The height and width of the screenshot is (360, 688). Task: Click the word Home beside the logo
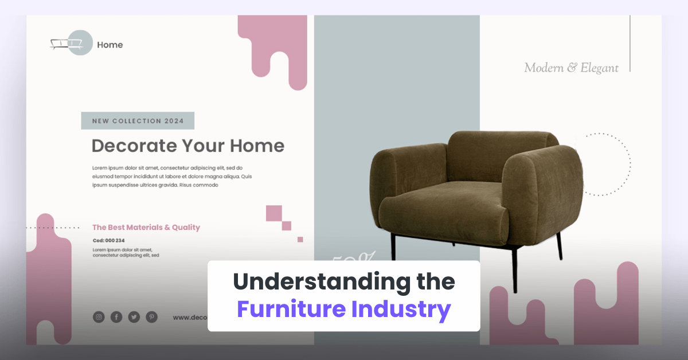[110, 45]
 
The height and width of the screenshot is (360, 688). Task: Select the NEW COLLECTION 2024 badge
[138, 121]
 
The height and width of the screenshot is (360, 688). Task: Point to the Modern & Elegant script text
[571, 68]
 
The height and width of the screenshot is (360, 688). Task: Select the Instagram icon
[99, 317]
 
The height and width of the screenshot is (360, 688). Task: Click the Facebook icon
[116, 317]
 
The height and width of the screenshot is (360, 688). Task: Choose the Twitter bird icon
[134, 317]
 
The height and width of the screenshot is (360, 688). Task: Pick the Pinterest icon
[151, 317]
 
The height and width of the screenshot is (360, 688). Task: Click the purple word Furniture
[290, 309]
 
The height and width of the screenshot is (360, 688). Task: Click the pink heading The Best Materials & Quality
[146, 228]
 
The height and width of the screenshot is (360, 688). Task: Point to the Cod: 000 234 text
[108, 241]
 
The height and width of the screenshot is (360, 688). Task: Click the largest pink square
[274, 213]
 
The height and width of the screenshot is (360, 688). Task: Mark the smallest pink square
[300, 240]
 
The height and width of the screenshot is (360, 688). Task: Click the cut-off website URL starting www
[189, 317]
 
